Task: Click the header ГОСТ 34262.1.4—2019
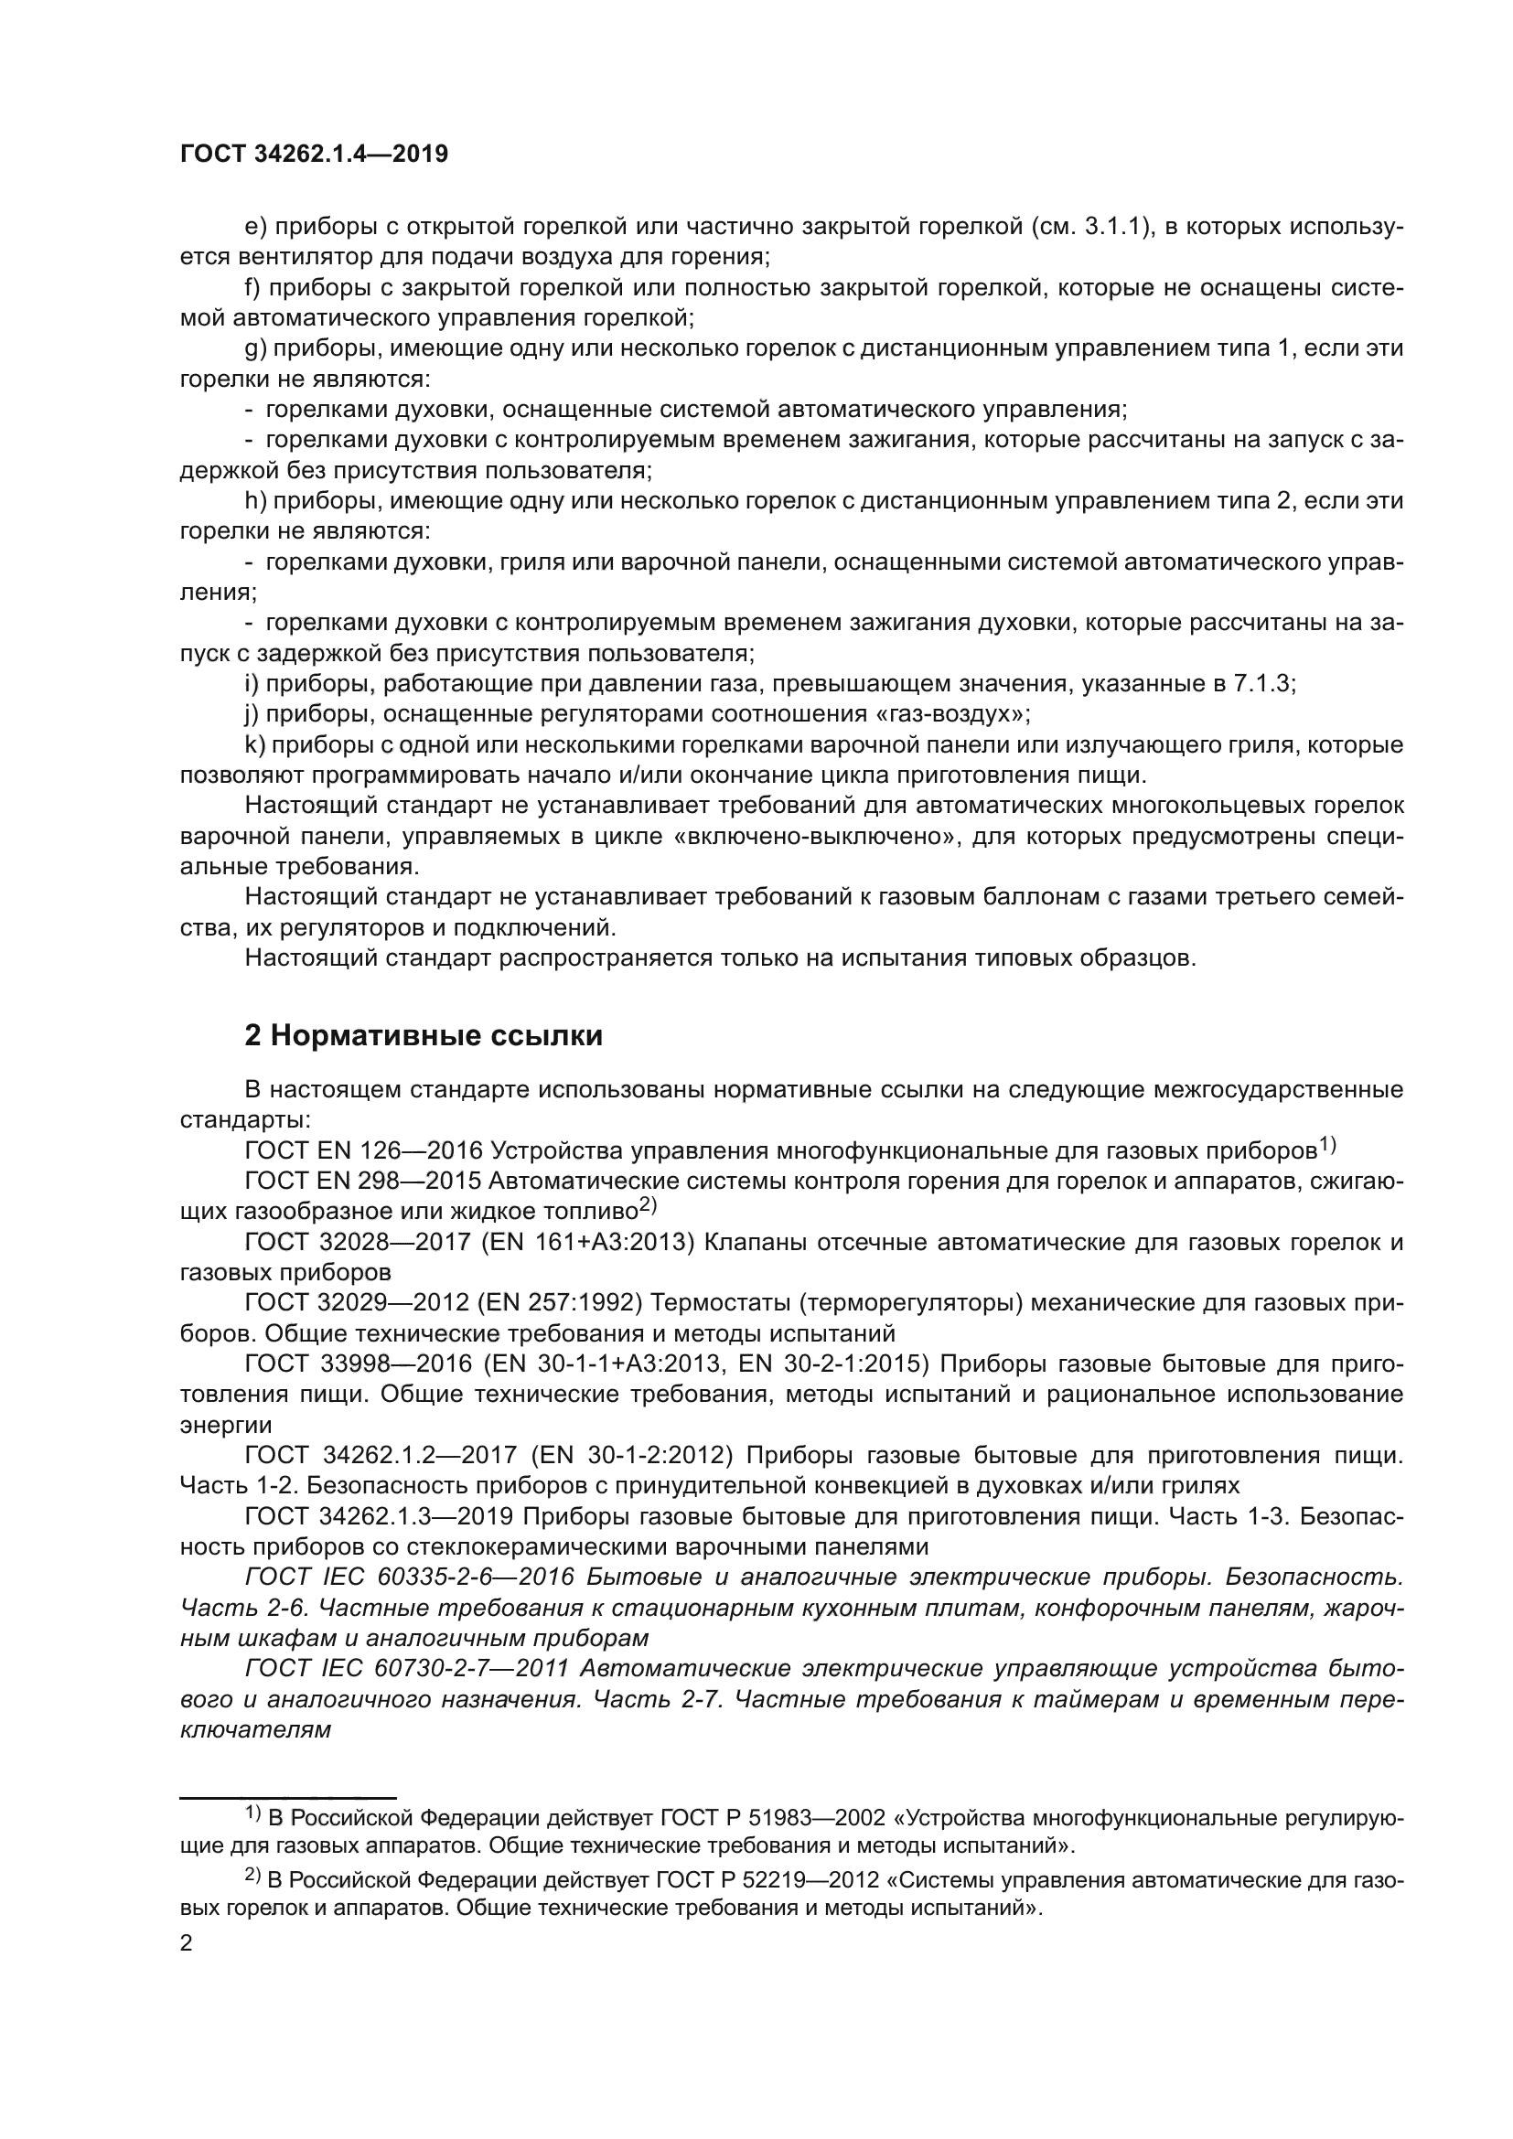point(313,154)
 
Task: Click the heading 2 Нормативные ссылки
point(423,1035)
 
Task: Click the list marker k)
point(254,744)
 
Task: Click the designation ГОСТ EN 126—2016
point(363,1151)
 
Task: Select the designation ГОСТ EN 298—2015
point(363,1182)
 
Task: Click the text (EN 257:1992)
point(581,1303)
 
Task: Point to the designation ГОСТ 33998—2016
point(358,1364)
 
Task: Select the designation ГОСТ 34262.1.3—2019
point(379,1516)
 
